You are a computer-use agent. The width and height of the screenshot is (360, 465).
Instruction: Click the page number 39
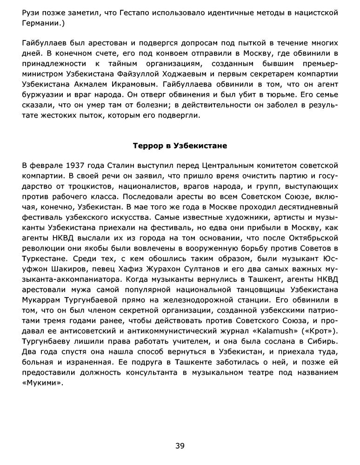coord(180,446)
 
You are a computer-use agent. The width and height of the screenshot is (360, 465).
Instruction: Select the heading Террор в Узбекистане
coord(180,146)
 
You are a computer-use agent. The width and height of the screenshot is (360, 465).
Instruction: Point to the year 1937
coord(76,165)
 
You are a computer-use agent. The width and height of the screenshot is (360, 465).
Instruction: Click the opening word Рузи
coord(31,13)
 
